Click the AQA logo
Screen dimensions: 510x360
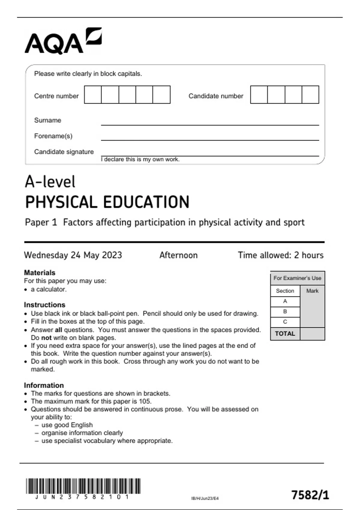coord(63,41)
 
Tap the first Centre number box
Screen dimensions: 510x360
coord(93,95)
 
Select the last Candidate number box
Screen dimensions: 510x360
coord(310,95)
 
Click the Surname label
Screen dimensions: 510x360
coord(48,120)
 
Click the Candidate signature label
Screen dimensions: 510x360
coord(64,152)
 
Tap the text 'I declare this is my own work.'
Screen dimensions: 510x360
coord(140,160)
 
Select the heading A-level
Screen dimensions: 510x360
coord(50,182)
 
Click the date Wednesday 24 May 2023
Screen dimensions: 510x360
coord(73,255)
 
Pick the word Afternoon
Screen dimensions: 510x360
coord(178,255)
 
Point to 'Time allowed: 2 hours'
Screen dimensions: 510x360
coord(280,255)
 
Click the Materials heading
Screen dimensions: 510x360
coord(40,273)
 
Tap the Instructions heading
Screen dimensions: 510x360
coord(45,305)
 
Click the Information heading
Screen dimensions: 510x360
coord(44,385)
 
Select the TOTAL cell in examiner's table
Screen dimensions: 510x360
coord(285,334)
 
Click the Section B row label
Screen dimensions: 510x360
coord(285,311)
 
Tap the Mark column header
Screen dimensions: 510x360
coord(312,291)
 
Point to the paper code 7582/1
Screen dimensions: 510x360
coord(310,495)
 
